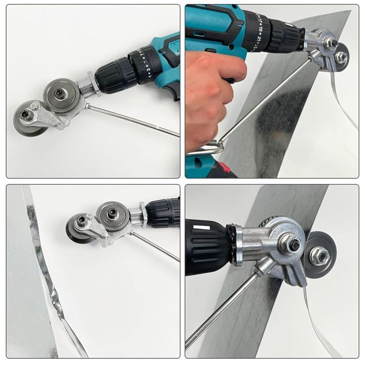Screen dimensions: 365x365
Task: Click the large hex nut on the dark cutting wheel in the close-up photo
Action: point(319,257)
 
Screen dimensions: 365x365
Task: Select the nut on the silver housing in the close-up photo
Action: point(293,245)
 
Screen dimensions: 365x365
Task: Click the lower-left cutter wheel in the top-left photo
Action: point(28,120)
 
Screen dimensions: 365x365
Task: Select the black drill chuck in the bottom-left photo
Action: point(162,212)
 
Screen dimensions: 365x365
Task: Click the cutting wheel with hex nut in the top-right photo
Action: point(341,56)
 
